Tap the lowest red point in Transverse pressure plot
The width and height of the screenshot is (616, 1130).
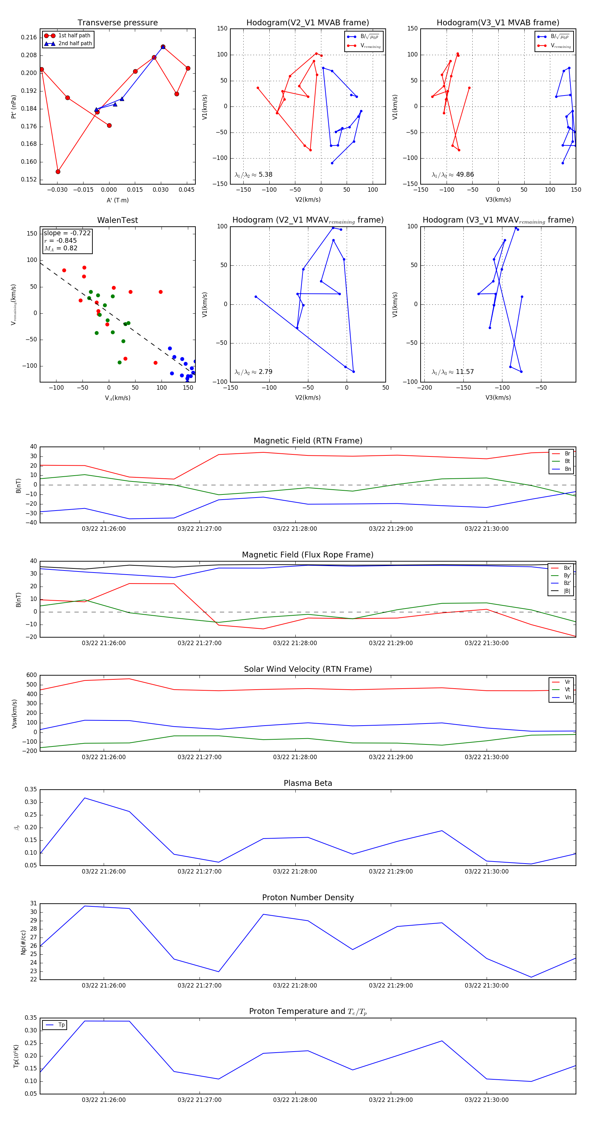pyautogui.click(x=58, y=172)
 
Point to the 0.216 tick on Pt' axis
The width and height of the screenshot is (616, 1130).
pyautogui.click(x=29, y=38)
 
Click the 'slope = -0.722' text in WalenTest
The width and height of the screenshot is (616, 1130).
pyautogui.click(x=67, y=233)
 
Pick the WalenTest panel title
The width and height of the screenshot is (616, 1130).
pyautogui.click(x=117, y=220)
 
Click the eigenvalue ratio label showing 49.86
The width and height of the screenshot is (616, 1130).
pyautogui.click(x=453, y=175)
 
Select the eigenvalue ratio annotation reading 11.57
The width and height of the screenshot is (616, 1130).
pyautogui.click(x=453, y=372)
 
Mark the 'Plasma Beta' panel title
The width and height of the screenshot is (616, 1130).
pyautogui.click(x=308, y=783)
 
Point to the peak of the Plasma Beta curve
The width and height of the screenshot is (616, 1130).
pyautogui.click(x=85, y=798)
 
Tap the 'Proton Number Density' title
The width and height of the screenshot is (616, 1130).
pyautogui.click(x=308, y=897)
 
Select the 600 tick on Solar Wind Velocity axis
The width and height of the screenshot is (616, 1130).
pyautogui.click(x=31, y=675)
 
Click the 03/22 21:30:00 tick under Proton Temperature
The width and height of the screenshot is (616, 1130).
pyautogui.click(x=486, y=1100)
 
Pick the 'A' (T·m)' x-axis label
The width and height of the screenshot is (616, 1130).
pyautogui.click(x=117, y=200)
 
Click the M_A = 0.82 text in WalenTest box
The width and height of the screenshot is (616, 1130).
pyautogui.click(x=61, y=248)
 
